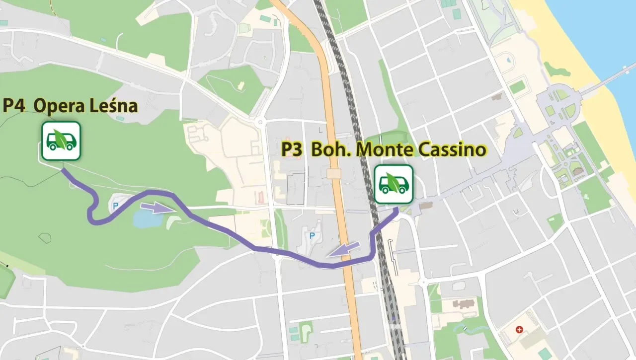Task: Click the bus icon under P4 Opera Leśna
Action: click(x=61, y=141)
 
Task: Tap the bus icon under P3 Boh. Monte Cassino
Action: click(x=394, y=184)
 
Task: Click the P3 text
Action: click(x=292, y=149)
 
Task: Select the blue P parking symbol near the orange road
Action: click(x=312, y=235)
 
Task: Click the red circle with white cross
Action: click(x=519, y=329)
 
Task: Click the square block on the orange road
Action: click(x=334, y=173)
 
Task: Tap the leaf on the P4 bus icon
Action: click(x=62, y=138)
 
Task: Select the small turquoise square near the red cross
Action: click(x=542, y=354)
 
